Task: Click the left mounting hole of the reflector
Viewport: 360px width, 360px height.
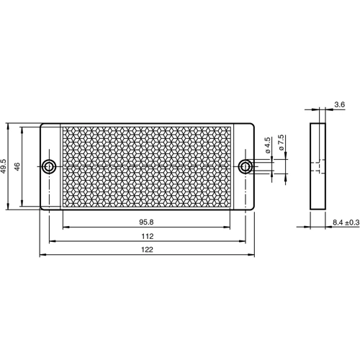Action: click(x=48, y=167)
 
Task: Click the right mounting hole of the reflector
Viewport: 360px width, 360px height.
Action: click(x=246, y=167)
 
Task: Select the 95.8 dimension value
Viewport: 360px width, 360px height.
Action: click(x=147, y=222)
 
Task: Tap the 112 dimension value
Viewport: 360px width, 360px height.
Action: click(x=147, y=236)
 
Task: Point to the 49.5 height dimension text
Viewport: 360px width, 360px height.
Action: click(x=5, y=167)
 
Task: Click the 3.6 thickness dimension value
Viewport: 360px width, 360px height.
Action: click(x=339, y=104)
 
